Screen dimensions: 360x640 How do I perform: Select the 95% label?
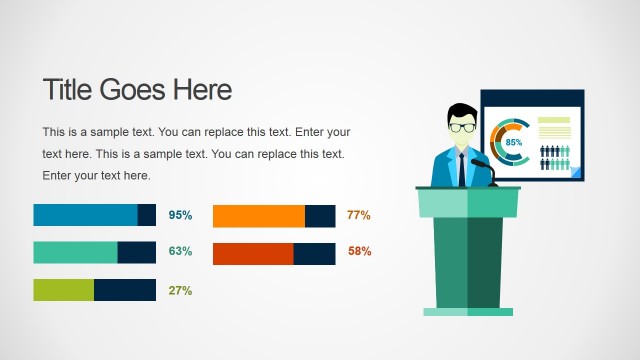[x=180, y=215]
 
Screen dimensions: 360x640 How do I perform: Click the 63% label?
[x=180, y=251]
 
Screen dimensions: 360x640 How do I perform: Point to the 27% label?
[x=180, y=290]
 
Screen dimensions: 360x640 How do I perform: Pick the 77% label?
[x=359, y=215]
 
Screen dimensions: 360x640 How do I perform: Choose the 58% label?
[x=359, y=251]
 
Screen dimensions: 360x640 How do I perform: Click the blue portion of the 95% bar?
[x=85, y=215]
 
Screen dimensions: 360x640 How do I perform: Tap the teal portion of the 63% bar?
[x=75, y=252]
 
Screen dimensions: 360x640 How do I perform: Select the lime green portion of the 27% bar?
[x=63, y=290]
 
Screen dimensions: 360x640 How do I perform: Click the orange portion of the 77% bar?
[x=258, y=216]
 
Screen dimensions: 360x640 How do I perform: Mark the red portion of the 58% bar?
[x=253, y=253]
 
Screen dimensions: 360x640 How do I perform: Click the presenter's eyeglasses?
[x=462, y=127]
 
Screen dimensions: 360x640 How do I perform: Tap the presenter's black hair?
[x=462, y=110]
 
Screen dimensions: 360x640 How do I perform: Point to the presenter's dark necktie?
[x=462, y=168]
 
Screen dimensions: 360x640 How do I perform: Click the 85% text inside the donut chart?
[x=514, y=143]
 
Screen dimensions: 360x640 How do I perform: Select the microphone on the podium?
[x=481, y=162]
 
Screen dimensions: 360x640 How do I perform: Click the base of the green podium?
[x=467, y=312]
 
